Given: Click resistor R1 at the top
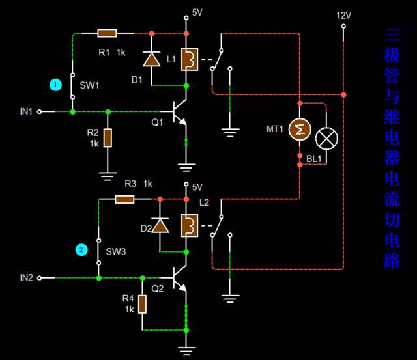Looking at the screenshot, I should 107,33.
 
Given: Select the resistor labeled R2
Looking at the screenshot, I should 108,138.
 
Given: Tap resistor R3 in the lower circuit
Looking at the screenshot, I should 124,199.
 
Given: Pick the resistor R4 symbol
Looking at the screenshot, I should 142,304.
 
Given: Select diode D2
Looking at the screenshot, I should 157,226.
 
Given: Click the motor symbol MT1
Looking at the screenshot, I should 300,131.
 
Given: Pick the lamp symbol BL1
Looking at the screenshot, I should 326,138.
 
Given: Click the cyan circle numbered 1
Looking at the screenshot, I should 56,85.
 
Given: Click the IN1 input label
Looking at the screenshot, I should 26,112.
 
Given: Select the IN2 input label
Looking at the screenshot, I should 26,278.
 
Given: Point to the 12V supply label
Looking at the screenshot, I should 343,15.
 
